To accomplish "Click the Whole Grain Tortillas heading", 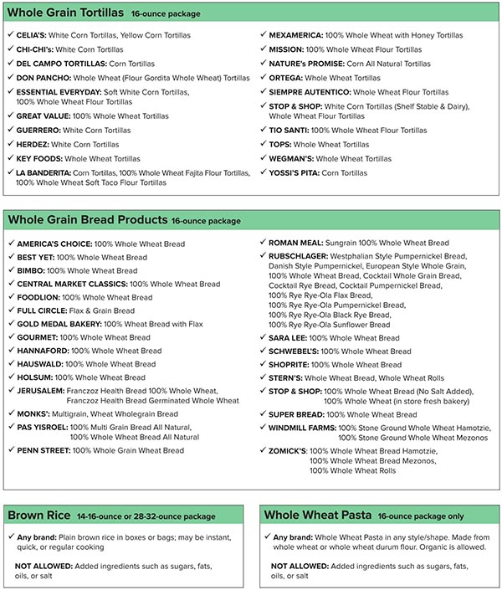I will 66,13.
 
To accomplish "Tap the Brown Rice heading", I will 38,516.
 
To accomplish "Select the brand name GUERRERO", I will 43,131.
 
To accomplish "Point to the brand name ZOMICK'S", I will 287,450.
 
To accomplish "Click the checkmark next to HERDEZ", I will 9,144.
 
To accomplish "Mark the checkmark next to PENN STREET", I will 9,450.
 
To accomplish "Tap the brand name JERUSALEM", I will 42,391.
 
